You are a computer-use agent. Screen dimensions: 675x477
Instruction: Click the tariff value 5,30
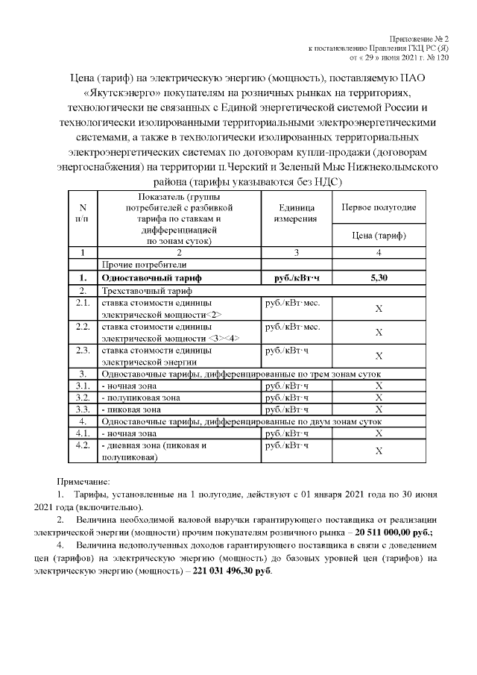click(x=379, y=277)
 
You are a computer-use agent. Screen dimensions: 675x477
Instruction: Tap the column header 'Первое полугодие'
click(x=379, y=207)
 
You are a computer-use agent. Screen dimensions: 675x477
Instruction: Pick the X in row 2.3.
click(x=379, y=355)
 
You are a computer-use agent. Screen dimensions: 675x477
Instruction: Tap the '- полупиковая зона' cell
click(x=140, y=397)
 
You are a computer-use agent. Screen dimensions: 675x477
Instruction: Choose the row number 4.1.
click(x=83, y=433)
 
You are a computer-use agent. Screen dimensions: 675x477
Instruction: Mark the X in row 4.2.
click(x=379, y=450)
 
